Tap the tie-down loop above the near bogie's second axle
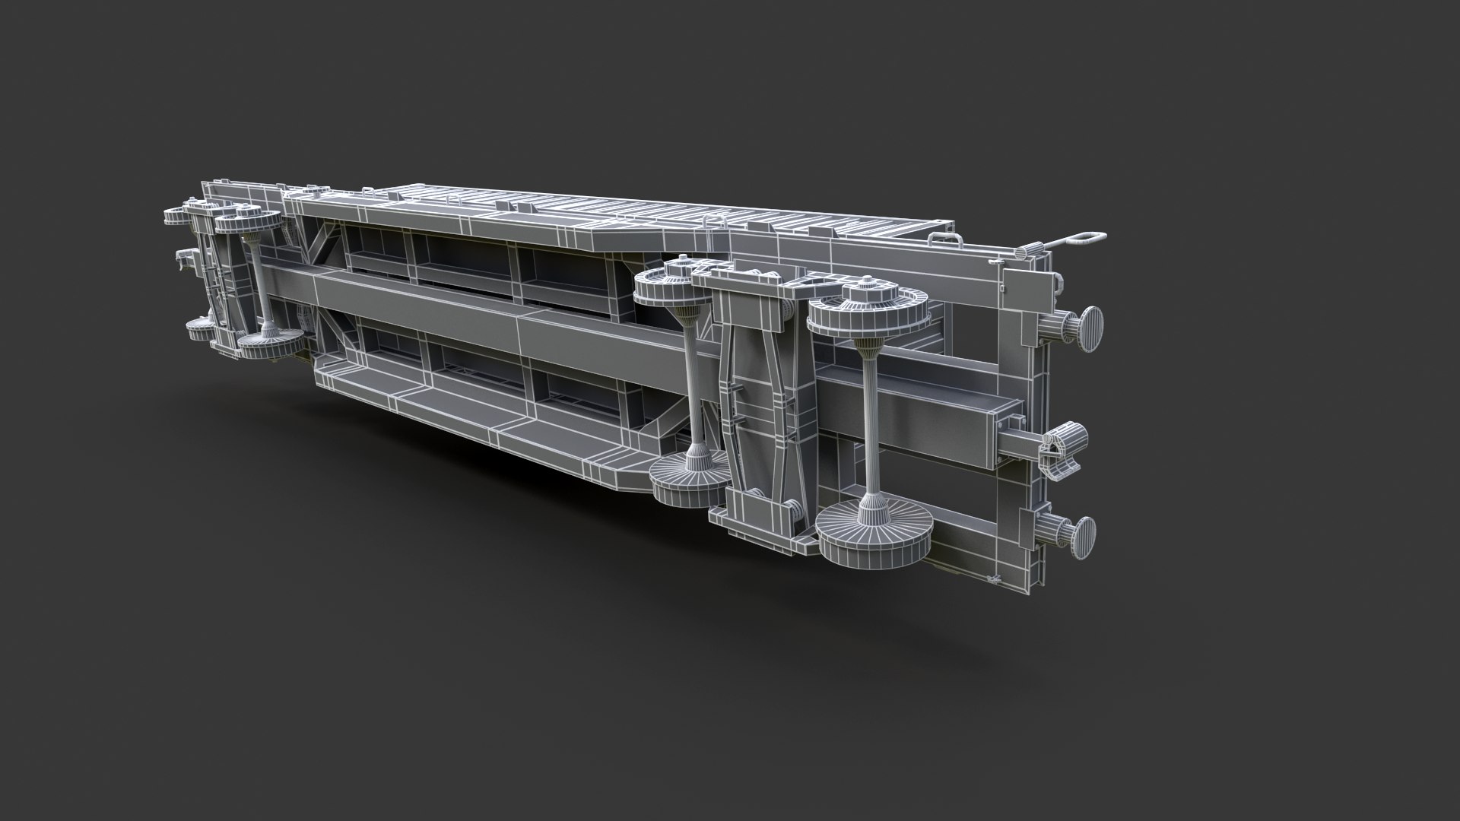(713, 223)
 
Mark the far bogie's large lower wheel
(266, 342)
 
